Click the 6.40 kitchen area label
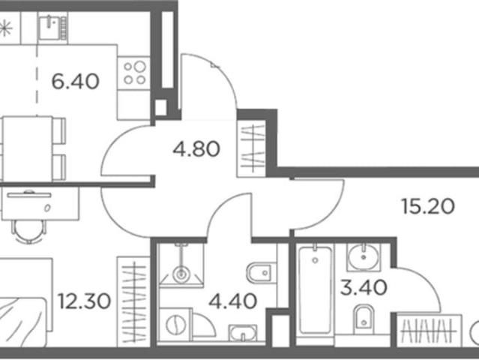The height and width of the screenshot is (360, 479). point(76,82)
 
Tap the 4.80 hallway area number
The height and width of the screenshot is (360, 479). point(196,148)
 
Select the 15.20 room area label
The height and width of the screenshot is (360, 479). point(428,206)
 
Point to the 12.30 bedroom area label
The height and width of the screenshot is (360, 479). point(84,301)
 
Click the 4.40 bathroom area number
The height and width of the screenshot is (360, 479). point(233,301)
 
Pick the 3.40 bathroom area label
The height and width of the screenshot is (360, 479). point(364,288)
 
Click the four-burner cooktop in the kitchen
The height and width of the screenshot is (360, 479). point(133,73)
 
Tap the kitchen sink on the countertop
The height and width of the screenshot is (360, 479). point(52,28)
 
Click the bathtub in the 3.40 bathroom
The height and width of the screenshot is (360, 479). point(315,289)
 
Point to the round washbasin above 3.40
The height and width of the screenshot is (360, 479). point(364,257)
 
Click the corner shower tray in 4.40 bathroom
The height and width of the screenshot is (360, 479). point(181,265)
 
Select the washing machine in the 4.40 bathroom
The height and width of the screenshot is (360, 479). point(175,324)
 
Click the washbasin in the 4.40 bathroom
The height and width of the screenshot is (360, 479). point(243,333)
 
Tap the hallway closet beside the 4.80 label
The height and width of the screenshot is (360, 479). point(252,148)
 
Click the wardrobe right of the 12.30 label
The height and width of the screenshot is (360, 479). point(133,301)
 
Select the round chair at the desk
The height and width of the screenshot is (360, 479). point(29,232)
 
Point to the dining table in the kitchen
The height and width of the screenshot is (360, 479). point(28,149)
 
